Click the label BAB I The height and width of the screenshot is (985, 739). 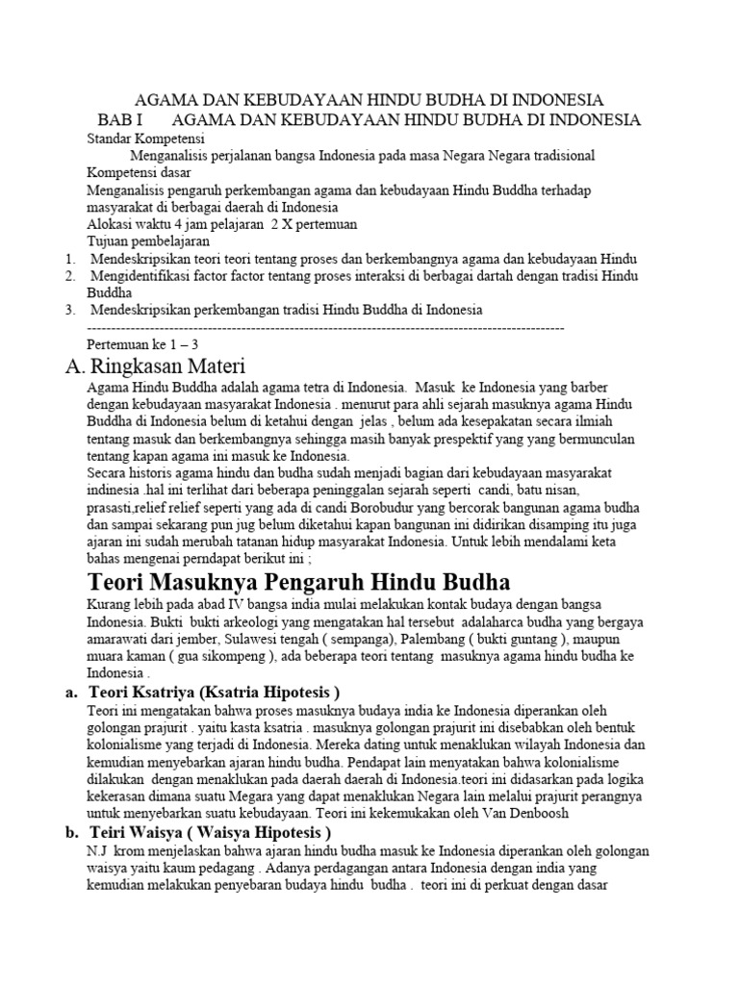coord(119,119)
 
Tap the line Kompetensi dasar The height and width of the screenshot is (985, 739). coord(138,173)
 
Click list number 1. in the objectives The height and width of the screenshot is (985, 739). coord(70,259)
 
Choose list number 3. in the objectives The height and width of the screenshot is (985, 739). coord(70,310)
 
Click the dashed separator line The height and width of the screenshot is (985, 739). coord(325,327)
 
